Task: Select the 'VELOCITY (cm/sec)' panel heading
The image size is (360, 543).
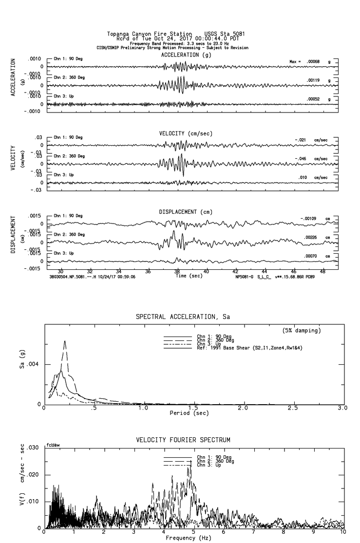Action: coord(186,133)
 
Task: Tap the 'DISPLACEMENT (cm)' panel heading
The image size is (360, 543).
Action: coord(186,212)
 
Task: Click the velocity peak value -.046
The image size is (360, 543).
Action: coord(301,159)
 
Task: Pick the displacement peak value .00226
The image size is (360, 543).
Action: coord(311,237)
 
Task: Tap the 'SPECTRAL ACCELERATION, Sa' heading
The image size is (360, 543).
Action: coord(183,317)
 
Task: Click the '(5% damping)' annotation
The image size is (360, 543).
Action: coord(302,331)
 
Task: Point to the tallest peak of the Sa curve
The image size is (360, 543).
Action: coord(65,341)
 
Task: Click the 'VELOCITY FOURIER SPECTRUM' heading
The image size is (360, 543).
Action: coord(183,440)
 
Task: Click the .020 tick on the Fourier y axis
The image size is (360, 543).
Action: coord(35,474)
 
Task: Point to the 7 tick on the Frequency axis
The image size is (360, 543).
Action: coord(254,532)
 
